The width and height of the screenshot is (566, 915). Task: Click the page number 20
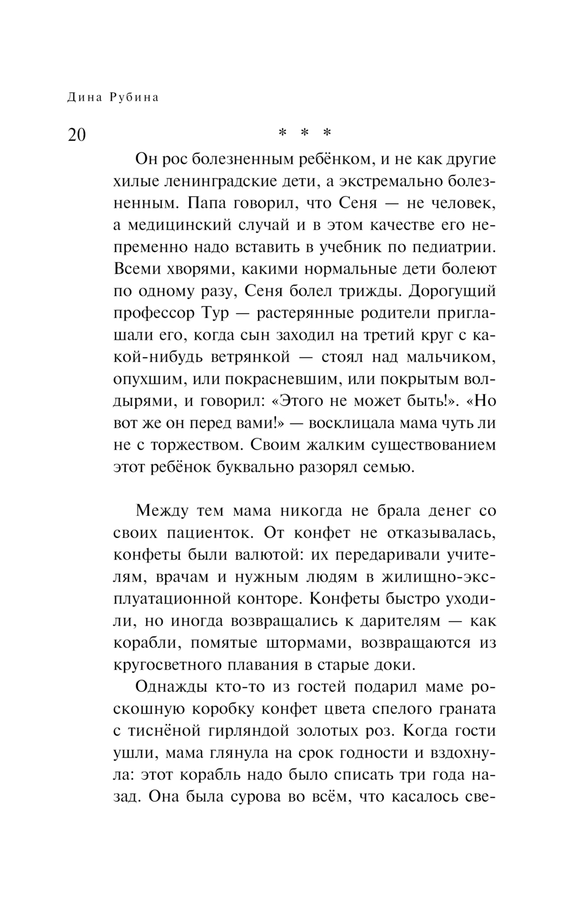point(76,135)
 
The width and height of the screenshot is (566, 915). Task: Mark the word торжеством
point(195,445)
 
